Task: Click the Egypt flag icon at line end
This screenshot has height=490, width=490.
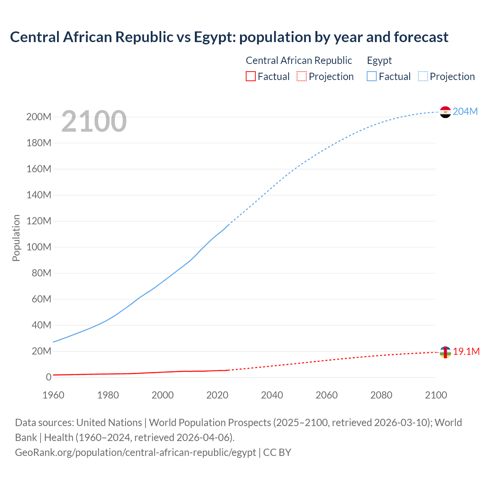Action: click(x=445, y=112)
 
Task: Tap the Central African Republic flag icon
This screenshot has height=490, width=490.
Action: click(x=445, y=352)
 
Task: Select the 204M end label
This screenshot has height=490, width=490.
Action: click(x=465, y=111)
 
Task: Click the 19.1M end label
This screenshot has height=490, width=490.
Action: click(x=466, y=351)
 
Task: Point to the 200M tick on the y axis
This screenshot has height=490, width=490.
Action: click(x=39, y=117)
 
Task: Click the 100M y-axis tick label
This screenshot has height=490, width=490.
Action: click(x=39, y=247)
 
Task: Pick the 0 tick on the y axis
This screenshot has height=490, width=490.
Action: click(x=49, y=377)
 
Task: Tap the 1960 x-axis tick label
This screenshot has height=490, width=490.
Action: click(x=53, y=395)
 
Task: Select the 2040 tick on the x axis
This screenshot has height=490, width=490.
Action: click(x=272, y=395)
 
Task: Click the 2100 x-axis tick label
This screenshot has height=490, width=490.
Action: click(x=436, y=395)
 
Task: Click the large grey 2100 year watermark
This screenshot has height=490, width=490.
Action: click(x=94, y=121)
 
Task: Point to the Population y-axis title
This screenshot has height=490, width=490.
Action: click(x=16, y=238)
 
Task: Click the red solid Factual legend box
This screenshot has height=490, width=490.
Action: click(x=250, y=76)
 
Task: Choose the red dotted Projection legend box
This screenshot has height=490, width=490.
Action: click(x=302, y=76)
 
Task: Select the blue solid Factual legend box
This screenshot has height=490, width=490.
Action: click(x=372, y=76)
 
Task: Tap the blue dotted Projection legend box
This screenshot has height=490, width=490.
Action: click(x=423, y=76)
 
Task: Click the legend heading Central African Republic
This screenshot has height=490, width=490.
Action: click(x=299, y=60)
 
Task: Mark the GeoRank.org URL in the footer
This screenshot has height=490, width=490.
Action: click(x=135, y=452)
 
